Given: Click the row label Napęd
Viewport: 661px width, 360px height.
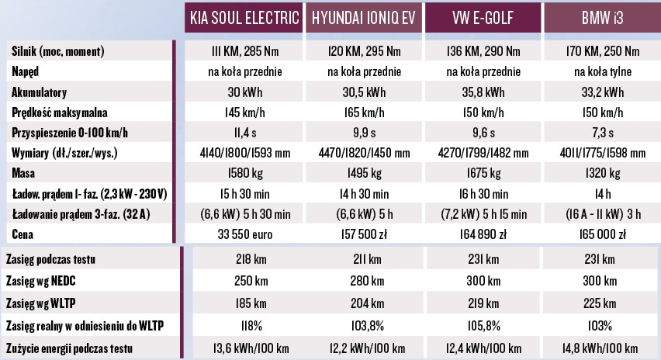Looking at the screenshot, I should pyautogui.click(x=28, y=71).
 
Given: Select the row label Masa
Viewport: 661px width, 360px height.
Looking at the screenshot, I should pyautogui.click(x=24, y=172).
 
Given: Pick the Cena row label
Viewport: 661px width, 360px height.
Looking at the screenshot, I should pyautogui.click(x=24, y=233).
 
